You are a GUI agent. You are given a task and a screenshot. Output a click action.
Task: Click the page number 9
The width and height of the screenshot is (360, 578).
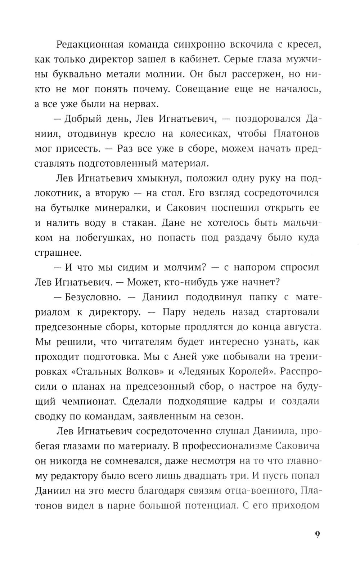[x=317, y=534]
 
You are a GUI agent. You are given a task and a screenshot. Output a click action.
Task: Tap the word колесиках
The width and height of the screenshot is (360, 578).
[x=204, y=134]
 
